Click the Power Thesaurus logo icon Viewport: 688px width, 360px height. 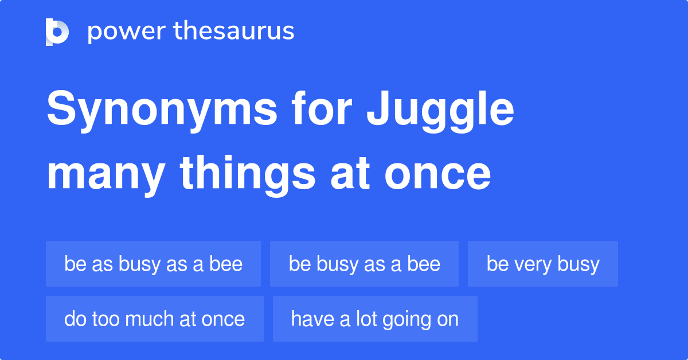pos(57,32)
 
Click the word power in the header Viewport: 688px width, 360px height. pos(127,32)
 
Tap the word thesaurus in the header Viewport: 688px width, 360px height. pos(234,30)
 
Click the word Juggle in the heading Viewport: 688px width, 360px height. pos(440,111)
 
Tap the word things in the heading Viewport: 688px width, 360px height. pos(248,175)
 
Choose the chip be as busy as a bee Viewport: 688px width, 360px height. pos(153,264)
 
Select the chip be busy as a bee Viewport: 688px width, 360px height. pos(364,264)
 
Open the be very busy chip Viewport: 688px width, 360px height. pos(543,264)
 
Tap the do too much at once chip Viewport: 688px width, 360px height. pos(155,319)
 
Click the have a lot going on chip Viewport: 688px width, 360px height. pos(375,319)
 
